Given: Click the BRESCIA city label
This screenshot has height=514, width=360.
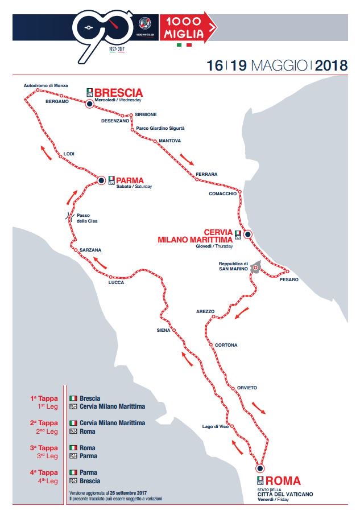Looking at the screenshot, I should coord(118,93).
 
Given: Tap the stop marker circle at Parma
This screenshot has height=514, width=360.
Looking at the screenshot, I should coord(101,180).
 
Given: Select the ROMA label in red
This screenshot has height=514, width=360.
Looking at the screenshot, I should coord(283,480).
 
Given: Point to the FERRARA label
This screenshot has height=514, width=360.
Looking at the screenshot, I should coord(206,174).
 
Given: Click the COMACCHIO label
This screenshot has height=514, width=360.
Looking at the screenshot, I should coord(222,194).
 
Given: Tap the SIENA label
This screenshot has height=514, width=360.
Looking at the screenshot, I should coord(163,331).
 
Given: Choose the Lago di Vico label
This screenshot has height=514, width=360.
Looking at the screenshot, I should coord(216,426).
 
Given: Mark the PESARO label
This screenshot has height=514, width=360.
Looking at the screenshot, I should coord(289,279).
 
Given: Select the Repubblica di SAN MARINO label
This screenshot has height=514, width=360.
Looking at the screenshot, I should coord(234,266).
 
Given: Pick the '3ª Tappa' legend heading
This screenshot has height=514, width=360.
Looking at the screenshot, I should coord(44,448).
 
